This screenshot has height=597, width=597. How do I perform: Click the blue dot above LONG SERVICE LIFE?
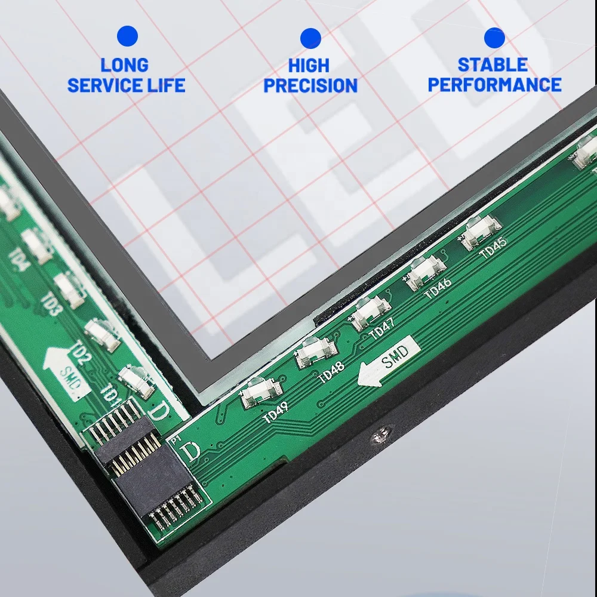pyautogui.click(x=127, y=36)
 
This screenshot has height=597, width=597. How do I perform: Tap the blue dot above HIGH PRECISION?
pyautogui.click(x=310, y=38)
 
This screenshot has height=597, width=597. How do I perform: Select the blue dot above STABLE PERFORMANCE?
pyautogui.click(x=494, y=38)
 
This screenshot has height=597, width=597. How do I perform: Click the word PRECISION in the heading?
pyautogui.click(x=310, y=85)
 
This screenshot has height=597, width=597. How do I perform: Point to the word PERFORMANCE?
pyautogui.click(x=494, y=85)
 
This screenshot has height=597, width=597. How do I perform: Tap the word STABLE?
pyautogui.click(x=493, y=64)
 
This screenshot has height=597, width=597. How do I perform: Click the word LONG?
pyautogui.click(x=124, y=64)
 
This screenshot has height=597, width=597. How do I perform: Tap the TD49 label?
pyautogui.click(x=276, y=411)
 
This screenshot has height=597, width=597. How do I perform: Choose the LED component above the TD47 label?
pyautogui.click(x=371, y=314)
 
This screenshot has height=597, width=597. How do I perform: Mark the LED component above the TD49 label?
pyautogui.click(x=261, y=393)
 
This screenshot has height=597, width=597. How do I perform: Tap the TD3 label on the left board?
pyautogui.click(x=53, y=304)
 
